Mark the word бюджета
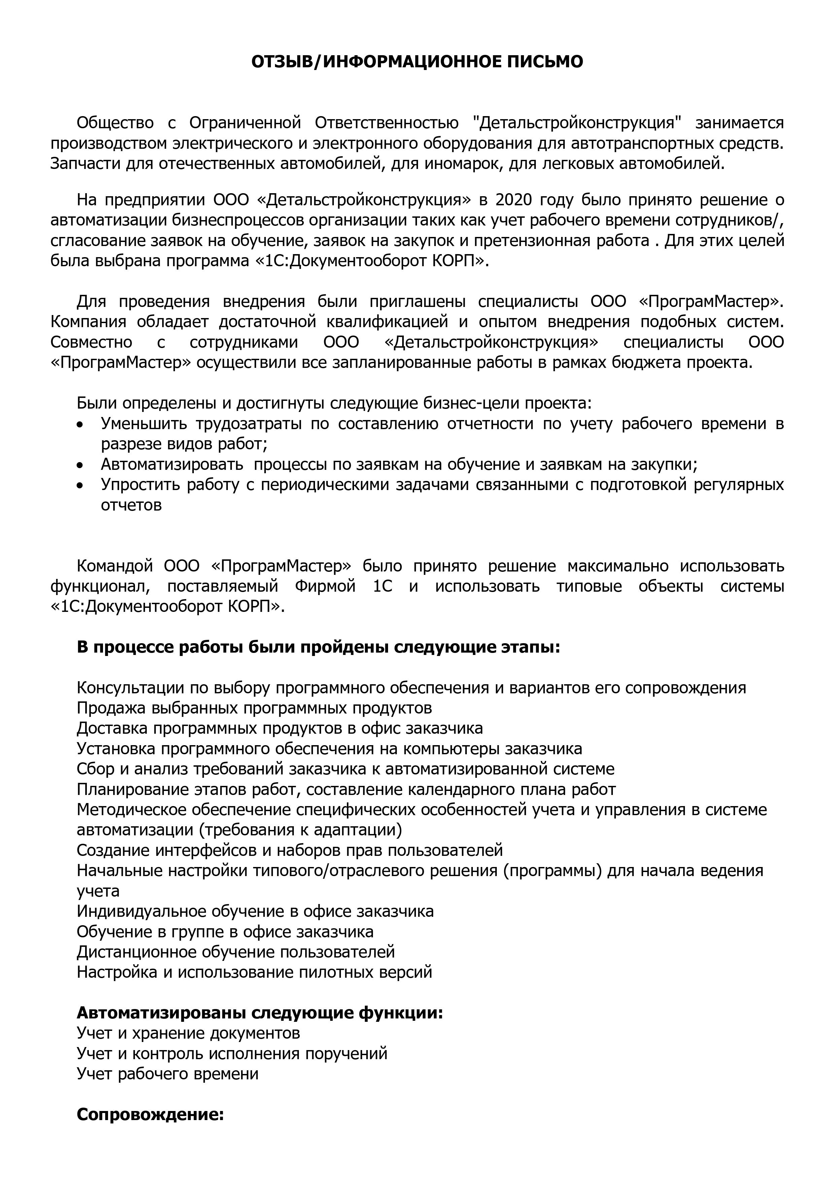(x=643, y=362)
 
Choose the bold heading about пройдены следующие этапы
(x=318, y=647)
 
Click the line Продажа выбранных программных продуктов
(x=254, y=708)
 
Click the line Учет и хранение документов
(x=188, y=1033)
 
